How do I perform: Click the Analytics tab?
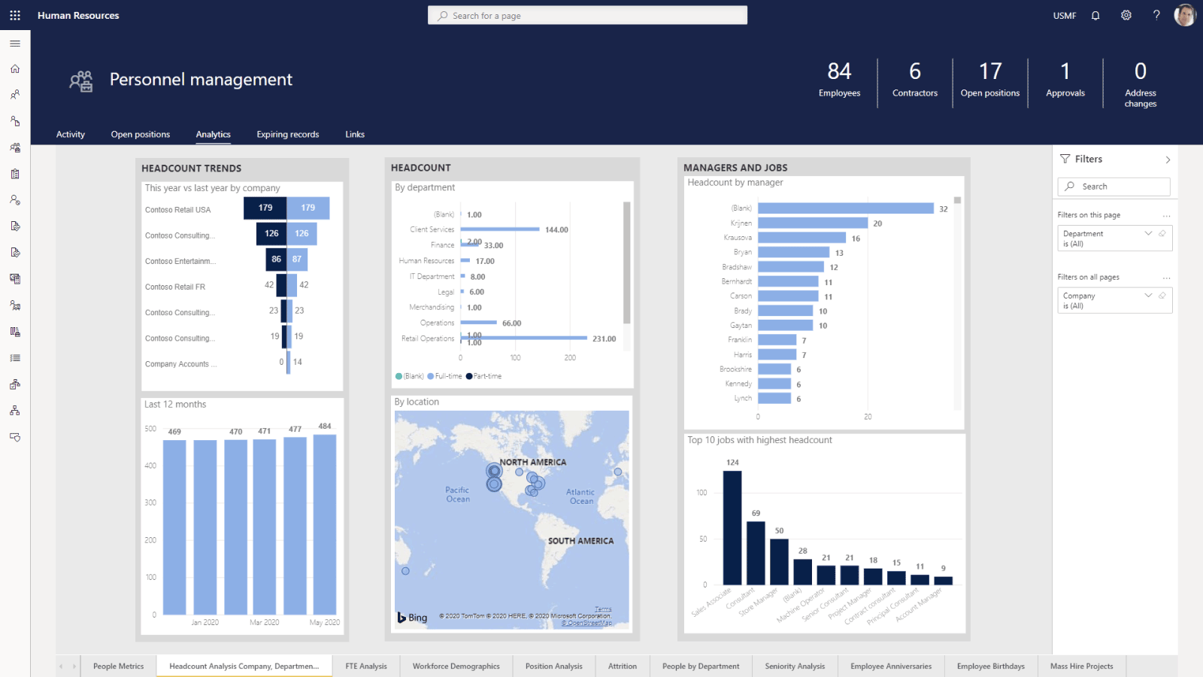click(x=213, y=135)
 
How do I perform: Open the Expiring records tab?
click(x=287, y=135)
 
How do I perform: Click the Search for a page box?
click(x=587, y=16)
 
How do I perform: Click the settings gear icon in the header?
click(x=1126, y=16)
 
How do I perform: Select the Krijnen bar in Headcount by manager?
click(x=813, y=223)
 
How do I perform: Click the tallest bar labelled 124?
click(x=732, y=527)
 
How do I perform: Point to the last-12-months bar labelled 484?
click(x=325, y=524)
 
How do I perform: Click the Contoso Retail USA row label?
click(x=178, y=210)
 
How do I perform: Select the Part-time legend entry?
click(x=484, y=376)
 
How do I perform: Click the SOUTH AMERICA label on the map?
click(x=580, y=541)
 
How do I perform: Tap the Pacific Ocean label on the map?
click(x=457, y=494)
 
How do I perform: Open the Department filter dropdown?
click(x=1147, y=234)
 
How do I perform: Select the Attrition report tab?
click(x=622, y=666)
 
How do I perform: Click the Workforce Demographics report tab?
click(x=456, y=666)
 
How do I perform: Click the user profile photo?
click(x=1185, y=15)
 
